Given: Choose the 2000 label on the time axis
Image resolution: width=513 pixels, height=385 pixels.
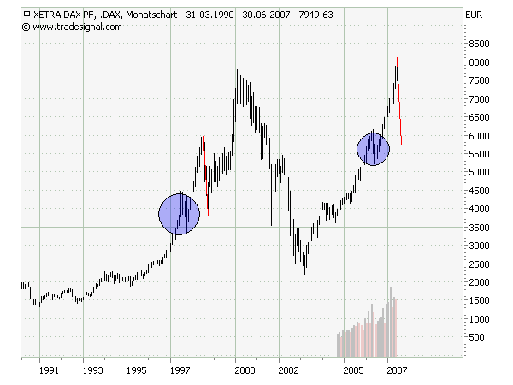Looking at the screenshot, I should click(245, 370).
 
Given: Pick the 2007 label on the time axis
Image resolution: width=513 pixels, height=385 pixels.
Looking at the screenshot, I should click(395, 370).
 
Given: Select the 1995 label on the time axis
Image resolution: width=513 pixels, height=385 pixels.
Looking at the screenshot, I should click(135, 370).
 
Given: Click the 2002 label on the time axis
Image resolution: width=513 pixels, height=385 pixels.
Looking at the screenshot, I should click(288, 370).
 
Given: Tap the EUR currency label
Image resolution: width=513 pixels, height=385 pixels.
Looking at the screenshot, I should click(473, 15).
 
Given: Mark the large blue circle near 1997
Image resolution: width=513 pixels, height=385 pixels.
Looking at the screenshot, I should click(180, 214).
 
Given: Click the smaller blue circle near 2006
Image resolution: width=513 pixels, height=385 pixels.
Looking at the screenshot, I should click(374, 150).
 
